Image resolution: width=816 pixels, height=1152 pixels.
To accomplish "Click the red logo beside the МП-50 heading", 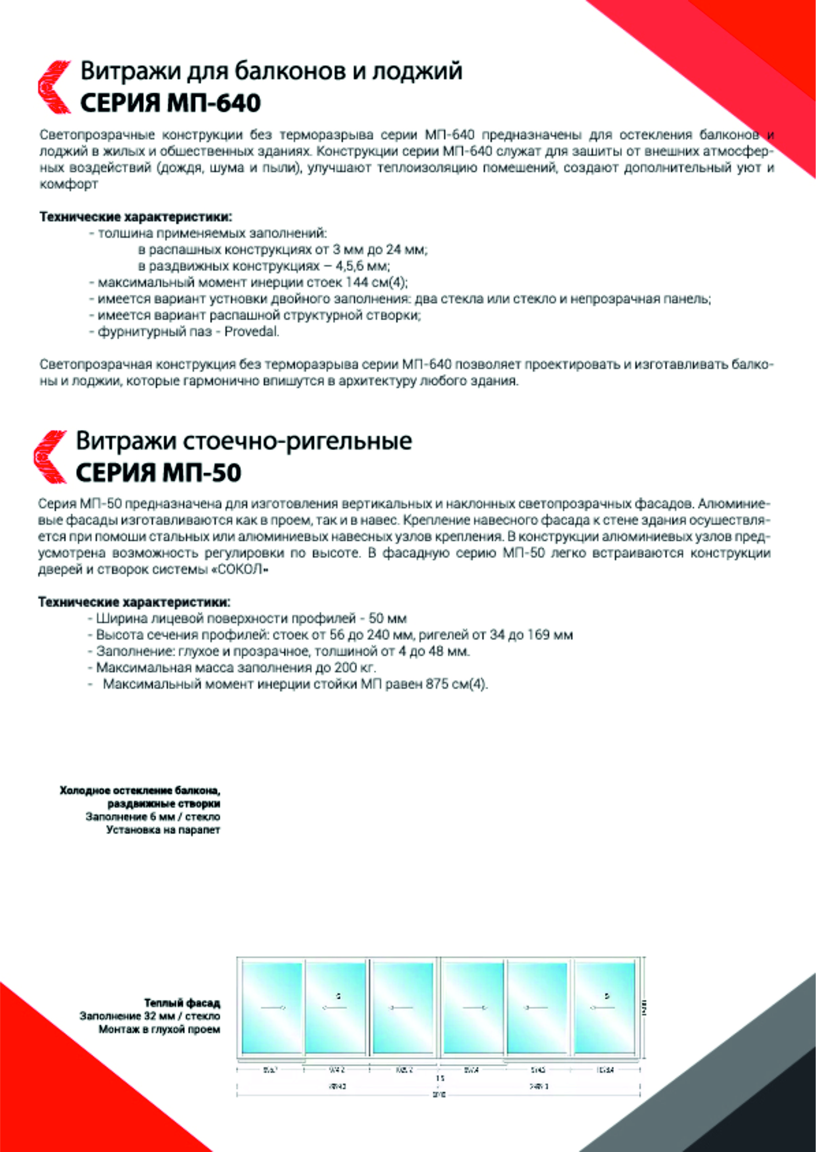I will click(50, 456).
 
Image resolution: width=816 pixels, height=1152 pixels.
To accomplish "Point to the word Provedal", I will click(251, 332).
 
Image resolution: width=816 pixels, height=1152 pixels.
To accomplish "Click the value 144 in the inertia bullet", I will click(358, 283).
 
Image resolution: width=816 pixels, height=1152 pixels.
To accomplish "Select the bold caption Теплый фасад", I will click(182, 1003).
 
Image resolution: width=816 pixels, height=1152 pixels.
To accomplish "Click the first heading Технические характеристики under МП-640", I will click(136, 217).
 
